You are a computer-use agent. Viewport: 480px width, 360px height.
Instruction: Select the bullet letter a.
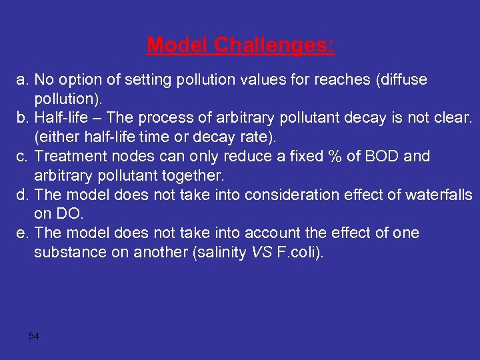click(21, 80)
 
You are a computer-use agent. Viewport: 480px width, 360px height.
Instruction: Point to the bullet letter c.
click(21, 157)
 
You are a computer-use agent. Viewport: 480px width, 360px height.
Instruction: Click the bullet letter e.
click(21, 233)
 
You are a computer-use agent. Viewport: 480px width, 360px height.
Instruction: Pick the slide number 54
click(34, 336)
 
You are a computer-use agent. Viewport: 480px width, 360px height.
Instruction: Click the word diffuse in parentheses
click(402, 80)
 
